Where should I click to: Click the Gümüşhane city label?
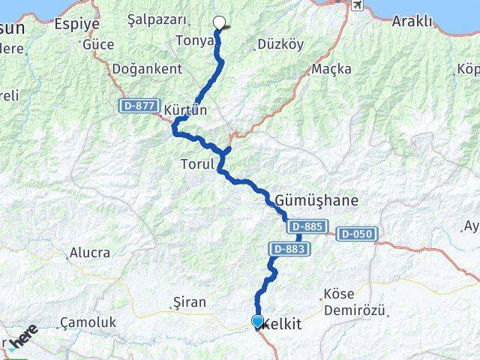tap(316, 201)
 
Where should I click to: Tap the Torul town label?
tap(197, 163)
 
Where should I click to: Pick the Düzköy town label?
tap(280, 44)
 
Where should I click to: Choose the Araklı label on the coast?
tap(412, 21)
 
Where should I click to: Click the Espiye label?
tap(76, 24)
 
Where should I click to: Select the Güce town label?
tap(98, 45)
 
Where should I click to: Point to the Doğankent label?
tap(147, 69)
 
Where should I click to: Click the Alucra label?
tap(89, 253)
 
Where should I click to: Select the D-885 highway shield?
tap(305, 226)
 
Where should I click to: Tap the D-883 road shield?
tap(289, 248)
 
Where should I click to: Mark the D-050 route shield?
tap(355, 235)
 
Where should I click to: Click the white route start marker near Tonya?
tap(220, 22)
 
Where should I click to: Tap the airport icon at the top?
tap(357, 7)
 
